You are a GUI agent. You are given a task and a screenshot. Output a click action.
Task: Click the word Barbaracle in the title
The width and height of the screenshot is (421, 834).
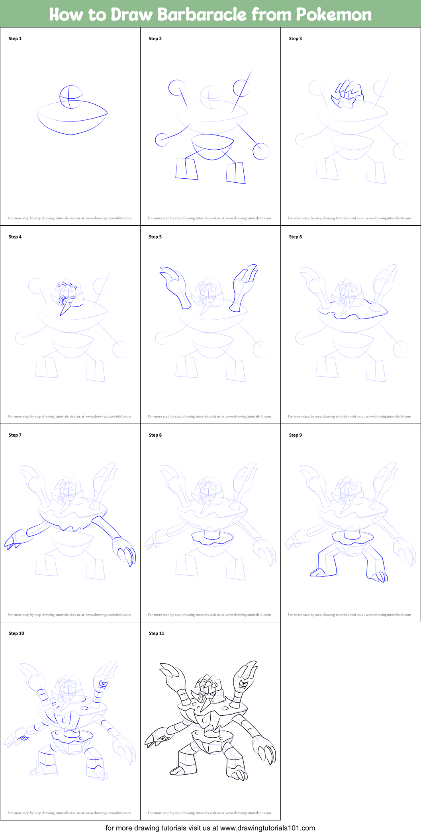[x=202, y=15]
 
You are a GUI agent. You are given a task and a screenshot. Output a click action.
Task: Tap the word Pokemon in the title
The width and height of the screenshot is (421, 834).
[x=334, y=15]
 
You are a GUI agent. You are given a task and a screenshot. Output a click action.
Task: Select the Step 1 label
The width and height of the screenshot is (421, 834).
[x=15, y=39]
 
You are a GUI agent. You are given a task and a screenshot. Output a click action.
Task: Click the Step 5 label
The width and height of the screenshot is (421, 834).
[x=155, y=237]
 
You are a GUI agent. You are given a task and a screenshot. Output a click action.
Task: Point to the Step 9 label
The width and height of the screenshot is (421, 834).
[x=296, y=435]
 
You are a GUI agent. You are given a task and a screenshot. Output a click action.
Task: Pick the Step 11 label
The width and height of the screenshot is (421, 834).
[x=157, y=633]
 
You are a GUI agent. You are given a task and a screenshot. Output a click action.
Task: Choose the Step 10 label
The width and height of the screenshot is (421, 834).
[x=16, y=633]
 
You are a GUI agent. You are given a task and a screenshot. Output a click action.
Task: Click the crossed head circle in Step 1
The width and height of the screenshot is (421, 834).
[x=71, y=97]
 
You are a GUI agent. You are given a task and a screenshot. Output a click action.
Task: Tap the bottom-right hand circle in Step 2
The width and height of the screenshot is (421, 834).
[x=261, y=151]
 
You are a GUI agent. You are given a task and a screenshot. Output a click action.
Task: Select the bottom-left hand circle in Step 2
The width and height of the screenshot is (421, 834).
[x=162, y=140]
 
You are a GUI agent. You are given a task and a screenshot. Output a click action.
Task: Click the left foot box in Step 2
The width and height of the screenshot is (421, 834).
[x=186, y=169]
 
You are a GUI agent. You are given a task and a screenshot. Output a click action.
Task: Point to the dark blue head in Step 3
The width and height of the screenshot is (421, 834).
[x=348, y=94]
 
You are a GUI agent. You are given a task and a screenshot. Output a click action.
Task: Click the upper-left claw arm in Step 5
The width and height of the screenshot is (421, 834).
[x=176, y=286]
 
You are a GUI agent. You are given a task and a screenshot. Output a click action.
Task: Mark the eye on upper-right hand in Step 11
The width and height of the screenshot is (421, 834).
[x=243, y=684]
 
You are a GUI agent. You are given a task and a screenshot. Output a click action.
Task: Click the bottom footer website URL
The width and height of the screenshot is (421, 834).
[x=267, y=828]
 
